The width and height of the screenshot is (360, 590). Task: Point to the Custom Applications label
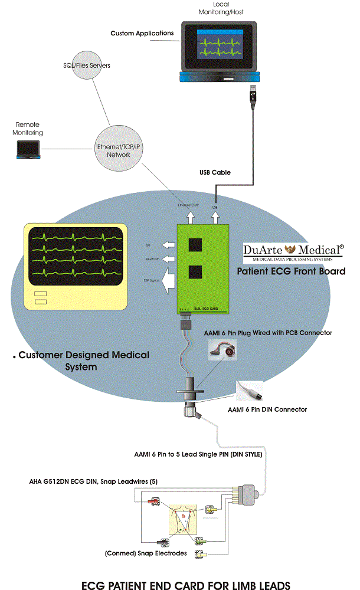(x=142, y=34)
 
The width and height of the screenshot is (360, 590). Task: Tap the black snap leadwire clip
(x=162, y=541)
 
